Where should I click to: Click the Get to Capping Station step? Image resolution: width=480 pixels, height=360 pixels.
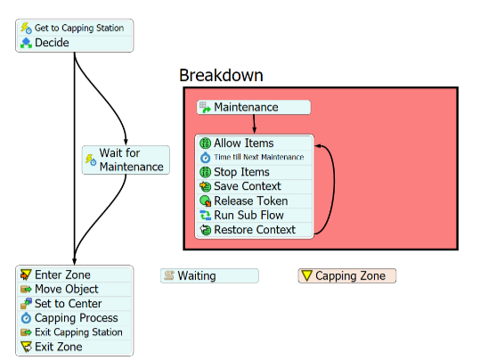point(75,29)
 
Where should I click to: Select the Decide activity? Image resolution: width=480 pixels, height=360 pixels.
point(75,43)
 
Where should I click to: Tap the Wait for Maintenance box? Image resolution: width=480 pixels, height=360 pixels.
point(126,160)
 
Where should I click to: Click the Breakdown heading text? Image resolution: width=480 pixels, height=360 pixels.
point(221,75)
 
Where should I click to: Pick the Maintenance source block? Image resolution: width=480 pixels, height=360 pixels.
point(254,107)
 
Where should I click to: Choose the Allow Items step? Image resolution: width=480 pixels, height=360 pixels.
point(254,143)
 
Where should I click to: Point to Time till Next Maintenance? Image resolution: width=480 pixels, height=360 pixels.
point(254,158)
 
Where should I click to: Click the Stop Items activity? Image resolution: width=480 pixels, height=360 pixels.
point(254,172)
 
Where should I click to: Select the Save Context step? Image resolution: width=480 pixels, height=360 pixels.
point(254,186)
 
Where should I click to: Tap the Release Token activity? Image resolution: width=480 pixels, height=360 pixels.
point(254,201)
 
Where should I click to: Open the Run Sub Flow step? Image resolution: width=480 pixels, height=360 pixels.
point(254,215)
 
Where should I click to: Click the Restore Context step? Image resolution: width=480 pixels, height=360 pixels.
point(254,230)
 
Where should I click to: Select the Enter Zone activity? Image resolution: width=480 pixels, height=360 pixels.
point(75,274)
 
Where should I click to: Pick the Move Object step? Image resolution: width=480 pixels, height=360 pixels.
point(75,290)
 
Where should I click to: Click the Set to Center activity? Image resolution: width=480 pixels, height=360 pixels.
point(75,304)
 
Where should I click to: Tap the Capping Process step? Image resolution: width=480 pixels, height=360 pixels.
point(75,318)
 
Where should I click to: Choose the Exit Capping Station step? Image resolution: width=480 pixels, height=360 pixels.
point(75,332)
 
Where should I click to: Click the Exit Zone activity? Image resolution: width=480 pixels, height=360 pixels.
point(75,347)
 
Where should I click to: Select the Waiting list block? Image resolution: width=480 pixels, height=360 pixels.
point(209,275)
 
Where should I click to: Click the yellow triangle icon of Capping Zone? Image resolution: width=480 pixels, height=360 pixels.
point(306,275)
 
